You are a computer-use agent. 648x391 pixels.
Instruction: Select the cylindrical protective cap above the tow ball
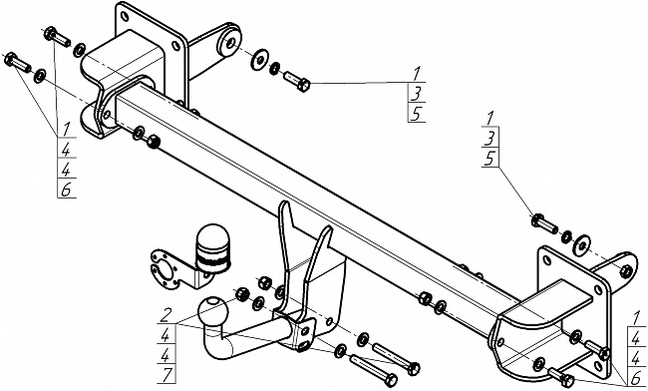pyautogui.click(x=212, y=248)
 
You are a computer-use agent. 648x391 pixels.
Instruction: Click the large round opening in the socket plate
pyautogui.click(x=164, y=271)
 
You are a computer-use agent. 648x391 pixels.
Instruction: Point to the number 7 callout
pyautogui.click(x=167, y=375)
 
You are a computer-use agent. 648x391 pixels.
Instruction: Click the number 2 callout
pyautogui.click(x=165, y=316)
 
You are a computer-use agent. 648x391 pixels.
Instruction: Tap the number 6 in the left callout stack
pyautogui.click(x=66, y=191)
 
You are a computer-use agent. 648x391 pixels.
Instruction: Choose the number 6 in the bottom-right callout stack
pyautogui.click(x=636, y=378)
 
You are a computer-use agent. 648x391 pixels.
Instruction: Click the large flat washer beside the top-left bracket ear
pyautogui.click(x=259, y=60)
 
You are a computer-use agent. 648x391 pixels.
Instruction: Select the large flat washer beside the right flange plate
pyautogui.click(x=582, y=245)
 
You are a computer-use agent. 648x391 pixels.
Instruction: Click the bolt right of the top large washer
pyautogui.click(x=297, y=82)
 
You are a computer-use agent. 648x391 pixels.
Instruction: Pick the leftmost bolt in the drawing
pyautogui.click(x=17, y=63)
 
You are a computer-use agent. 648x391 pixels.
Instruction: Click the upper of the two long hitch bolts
pyautogui.click(x=397, y=356)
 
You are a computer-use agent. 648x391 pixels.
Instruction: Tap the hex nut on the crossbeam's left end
pyautogui.click(x=154, y=142)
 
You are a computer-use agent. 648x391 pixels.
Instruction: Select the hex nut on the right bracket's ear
pyautogui.click(x=626, y=271)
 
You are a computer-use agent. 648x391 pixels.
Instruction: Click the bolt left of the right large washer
pyautogui.click(x=544, y=223)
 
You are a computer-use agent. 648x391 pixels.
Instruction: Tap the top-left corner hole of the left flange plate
pyautogui.click(x=125, y=16)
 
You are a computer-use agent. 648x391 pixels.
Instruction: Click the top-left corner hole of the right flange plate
pyautogui.click(x=547, y=260)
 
